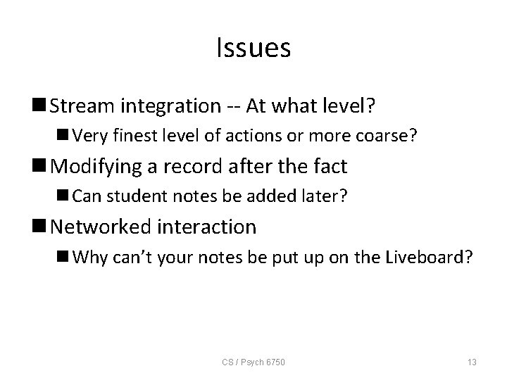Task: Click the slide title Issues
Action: point(254,48)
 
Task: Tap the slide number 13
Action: point(472,362)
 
